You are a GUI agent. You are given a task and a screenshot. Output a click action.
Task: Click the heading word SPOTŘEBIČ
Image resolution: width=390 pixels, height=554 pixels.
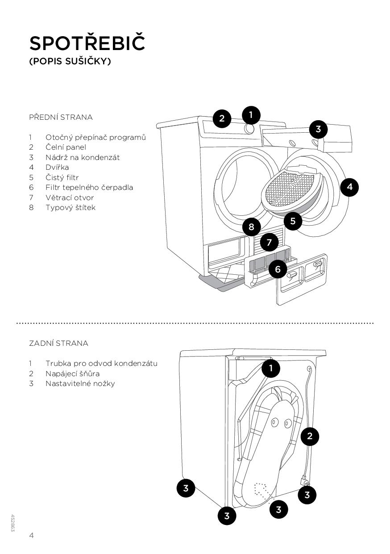tap(87, 43)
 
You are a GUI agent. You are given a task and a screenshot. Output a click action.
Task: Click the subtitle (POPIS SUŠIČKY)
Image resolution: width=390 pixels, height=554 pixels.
tap(70, 61)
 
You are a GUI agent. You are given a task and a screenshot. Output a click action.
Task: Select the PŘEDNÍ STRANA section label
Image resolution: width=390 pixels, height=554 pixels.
tap(61, 117)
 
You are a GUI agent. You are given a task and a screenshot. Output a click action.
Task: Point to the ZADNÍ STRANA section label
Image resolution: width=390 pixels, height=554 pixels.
tap(58, 343)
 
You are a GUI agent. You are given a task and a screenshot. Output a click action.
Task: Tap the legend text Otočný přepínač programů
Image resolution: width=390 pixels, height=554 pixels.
tap(95, 137)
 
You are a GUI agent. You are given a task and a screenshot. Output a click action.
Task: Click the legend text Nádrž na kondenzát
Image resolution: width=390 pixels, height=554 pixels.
tap(83, 157)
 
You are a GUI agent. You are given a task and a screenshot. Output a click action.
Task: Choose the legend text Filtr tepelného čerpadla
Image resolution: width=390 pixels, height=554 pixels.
tap(89, 187)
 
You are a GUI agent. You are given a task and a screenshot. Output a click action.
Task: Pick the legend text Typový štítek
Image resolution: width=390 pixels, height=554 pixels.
tap(71, 207)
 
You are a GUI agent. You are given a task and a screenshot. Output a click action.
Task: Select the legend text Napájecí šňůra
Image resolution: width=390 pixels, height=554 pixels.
tap(72, 374)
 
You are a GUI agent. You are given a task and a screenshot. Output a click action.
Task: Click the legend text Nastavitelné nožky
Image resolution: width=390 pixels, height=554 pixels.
tap(80, 383)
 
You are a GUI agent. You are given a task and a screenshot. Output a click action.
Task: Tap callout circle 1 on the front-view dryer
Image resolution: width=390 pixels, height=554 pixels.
tap(251, 115)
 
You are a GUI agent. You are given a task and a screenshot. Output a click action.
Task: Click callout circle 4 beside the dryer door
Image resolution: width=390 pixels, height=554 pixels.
tap(349, 187)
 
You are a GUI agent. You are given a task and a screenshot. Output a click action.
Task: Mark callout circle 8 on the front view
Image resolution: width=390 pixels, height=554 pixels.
tap(251, 227)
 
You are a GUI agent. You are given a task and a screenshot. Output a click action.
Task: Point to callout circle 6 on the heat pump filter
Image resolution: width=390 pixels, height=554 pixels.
tap(278, 269)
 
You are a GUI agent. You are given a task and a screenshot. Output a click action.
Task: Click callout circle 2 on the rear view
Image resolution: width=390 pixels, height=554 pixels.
tap(310, 436)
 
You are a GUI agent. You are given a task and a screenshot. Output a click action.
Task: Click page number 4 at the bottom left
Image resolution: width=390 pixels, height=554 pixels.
tap(32, 535)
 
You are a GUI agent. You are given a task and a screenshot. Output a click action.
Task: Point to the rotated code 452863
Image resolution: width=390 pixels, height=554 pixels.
tap(13, 523)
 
